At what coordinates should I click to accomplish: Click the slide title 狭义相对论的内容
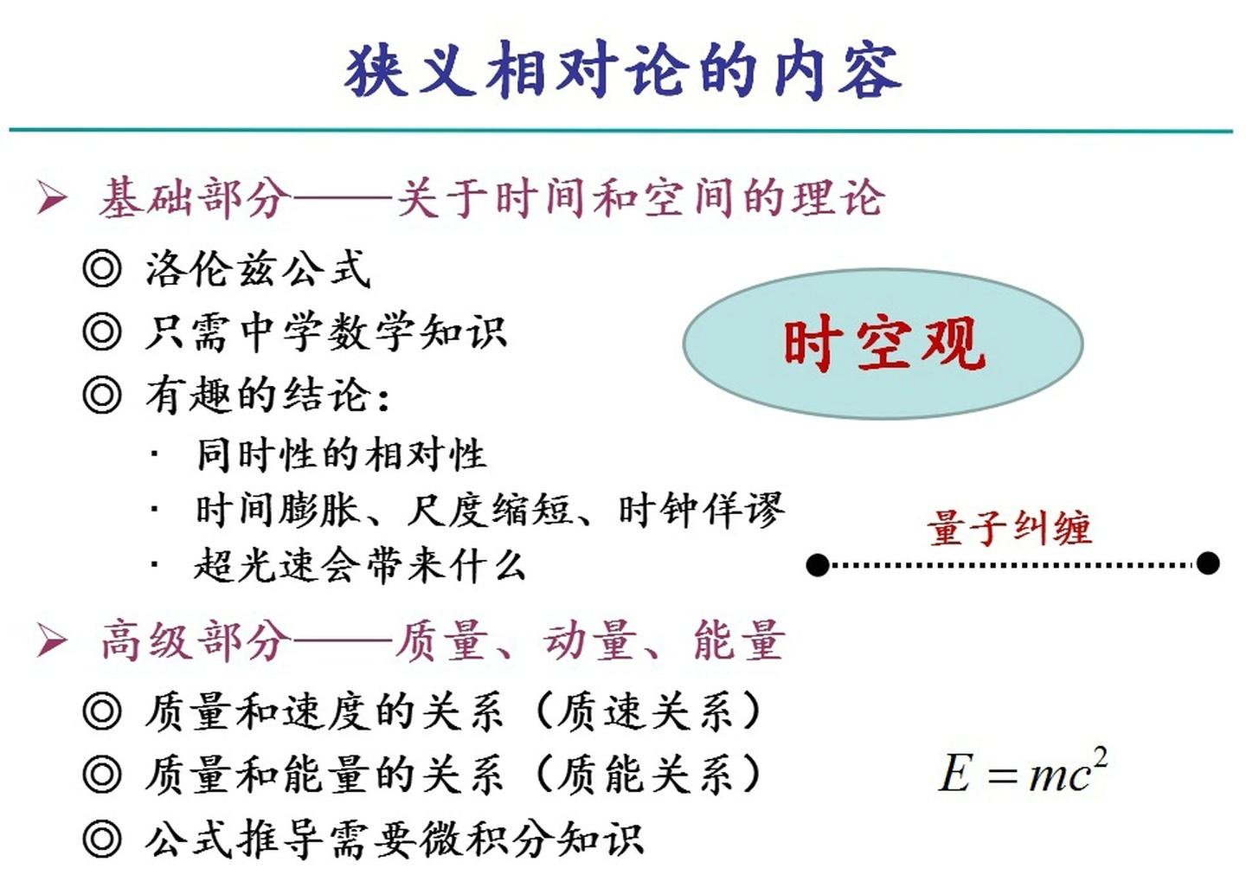623,71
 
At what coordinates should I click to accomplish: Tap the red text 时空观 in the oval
883,344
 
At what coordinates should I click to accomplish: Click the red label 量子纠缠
1009,527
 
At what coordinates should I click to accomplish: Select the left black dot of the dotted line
818,565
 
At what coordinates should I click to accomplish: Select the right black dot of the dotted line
1208,563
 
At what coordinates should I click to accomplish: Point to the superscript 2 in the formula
1100,756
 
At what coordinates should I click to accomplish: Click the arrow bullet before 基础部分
52,198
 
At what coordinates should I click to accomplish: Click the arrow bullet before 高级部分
52,641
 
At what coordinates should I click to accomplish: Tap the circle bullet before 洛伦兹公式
102,268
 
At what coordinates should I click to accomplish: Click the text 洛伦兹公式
258,269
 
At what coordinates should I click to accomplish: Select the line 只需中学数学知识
325,332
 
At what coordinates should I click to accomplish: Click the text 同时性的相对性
341,454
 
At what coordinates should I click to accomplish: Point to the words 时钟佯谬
702,510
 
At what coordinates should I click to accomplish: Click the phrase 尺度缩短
490,510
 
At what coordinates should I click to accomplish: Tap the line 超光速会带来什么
360,566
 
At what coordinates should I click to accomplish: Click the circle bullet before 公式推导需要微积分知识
102,839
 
